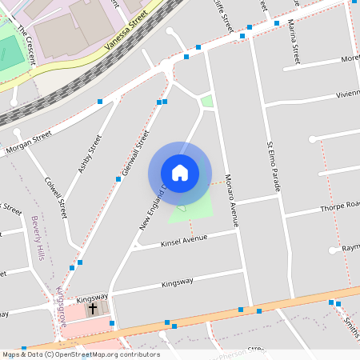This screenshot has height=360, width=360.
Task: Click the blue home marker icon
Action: point(180,172)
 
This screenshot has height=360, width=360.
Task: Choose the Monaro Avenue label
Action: point(232,201)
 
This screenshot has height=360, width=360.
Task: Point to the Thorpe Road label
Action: point(340,206)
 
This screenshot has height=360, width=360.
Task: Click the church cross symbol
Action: point(93,307)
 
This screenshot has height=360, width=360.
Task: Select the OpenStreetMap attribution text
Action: point(80,354)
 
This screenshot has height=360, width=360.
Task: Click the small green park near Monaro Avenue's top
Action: point(207,101)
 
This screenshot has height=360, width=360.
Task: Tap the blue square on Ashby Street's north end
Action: point(100,101)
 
